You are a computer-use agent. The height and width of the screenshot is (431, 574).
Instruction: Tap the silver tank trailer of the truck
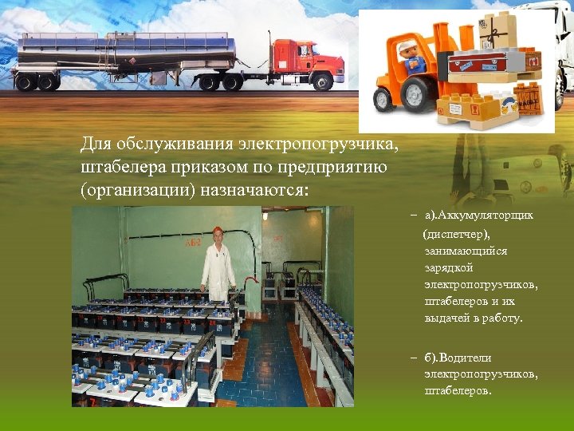(128, 53)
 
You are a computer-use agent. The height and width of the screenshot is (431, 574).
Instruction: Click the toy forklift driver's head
(409, 49)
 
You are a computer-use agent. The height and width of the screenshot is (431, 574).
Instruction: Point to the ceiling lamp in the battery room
(265, 215)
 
